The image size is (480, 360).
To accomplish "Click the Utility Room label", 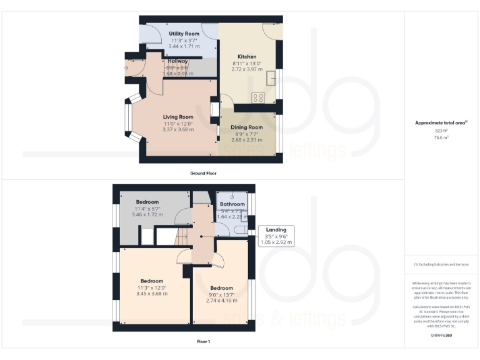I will [184, 33].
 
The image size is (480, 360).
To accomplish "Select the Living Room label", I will [178, 117].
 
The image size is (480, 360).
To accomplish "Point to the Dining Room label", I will [247, 127].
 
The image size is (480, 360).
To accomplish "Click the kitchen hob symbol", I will [257, 97].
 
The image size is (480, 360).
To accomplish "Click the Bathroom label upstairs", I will [232, 204].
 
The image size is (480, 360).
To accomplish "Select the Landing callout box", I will [276, 236].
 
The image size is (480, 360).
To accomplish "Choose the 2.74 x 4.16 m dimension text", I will [221, 301].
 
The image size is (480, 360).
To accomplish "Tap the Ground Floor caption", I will [203, 173].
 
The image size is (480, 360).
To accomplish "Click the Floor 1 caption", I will [203, 342].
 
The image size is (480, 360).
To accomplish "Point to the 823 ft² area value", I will [441, 131].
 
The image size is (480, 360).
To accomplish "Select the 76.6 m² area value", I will [441, 137].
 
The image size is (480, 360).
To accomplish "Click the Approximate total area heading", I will [441, 123].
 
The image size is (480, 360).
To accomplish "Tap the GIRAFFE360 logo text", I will [441, 336].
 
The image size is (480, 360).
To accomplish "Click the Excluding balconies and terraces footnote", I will [441, 264].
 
